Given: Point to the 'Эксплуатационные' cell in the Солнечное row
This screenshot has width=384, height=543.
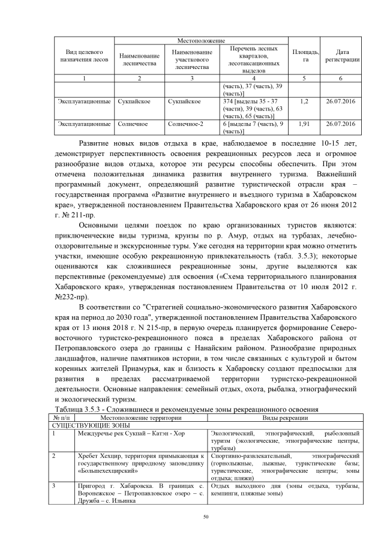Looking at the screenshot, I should coord(84,124).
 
